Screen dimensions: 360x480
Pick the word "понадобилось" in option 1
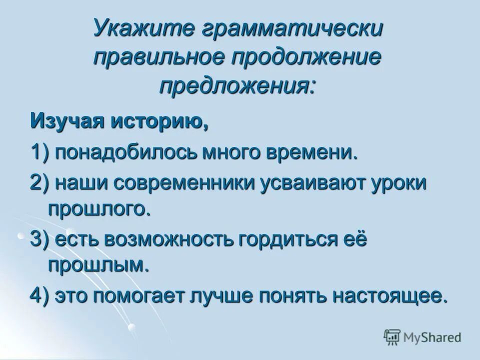click(x=126, y=152)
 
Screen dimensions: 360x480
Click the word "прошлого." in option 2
click(x=99, y=208)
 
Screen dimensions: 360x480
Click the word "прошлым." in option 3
click(x=99, y=264)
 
